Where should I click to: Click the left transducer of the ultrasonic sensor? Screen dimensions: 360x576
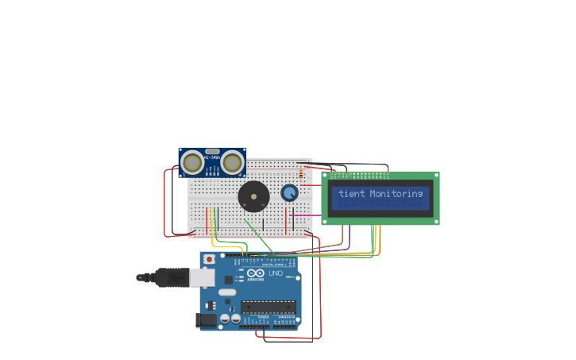[x=192, y=163]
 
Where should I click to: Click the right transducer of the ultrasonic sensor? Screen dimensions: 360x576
[x=232, y=163]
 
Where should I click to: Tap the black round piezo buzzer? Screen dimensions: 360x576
[x=253, y=196]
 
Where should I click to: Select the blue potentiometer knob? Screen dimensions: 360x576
[x=289, y=193]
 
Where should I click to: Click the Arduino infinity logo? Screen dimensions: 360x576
[x=255, y=273]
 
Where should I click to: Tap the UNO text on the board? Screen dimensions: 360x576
[x=276, y=273]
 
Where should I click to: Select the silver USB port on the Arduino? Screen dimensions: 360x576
[x=204, y=277]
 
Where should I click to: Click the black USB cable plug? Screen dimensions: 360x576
[x=171, y=277]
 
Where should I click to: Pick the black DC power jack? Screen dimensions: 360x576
[x=207, y=320]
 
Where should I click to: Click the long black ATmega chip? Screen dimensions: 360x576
[x=269, y=307]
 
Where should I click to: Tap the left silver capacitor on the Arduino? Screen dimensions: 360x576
[x=225, y=319]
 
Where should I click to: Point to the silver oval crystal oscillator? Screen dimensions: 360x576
[x=227, y=292]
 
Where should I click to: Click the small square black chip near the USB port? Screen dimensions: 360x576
[x=229, y=280]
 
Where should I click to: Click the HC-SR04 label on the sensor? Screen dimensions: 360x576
[x=212, y=157]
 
